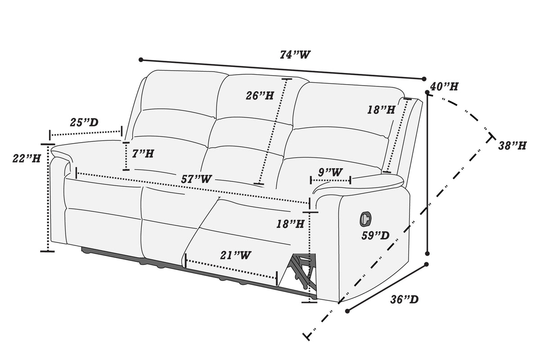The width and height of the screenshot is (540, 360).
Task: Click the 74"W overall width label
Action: click(x=295, y=55)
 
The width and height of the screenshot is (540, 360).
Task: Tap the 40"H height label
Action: click(x=444, y=86)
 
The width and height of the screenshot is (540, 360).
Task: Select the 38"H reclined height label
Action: click(x=512, y=146)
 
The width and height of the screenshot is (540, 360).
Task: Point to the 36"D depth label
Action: click(x=404, y=300)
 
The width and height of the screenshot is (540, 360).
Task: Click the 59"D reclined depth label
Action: click(x=375, y=235)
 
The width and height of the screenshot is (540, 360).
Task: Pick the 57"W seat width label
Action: click(x=196, y=179)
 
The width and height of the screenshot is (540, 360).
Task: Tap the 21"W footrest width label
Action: click(x=235, y=255)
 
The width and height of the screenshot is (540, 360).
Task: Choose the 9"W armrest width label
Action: click(x=330, y=172)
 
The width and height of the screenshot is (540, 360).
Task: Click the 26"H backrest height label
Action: click(x=260, y=95)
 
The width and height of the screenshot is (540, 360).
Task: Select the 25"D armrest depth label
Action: click(x=84, y=122)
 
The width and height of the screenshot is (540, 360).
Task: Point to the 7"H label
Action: click(x=143, y=153)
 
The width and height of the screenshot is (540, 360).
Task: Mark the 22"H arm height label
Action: click(x=27, y=158)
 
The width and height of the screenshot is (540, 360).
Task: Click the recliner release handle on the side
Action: click(x=365, y=219)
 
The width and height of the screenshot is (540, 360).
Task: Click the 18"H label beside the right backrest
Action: click(x=381, y=110)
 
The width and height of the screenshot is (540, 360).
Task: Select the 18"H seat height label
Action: click(x=290, y=224)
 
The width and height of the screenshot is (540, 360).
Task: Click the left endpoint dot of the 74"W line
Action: click(x=141, y=60)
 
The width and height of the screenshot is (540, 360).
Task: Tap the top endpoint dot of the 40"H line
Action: click(x=427, y=92)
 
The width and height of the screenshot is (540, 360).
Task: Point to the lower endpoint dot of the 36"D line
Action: click(x=347, y=311)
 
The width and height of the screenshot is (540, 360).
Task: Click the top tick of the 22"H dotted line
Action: click(x=48, y=144)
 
